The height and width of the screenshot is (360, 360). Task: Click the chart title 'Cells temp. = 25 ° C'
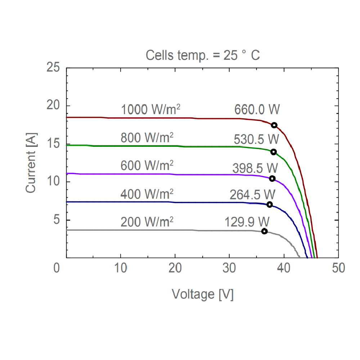[203, 55]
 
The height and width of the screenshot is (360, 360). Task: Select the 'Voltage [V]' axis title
[203, 294]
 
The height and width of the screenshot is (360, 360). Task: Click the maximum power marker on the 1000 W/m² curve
[274, 125]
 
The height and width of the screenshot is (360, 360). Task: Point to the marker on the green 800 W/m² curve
[273, 152]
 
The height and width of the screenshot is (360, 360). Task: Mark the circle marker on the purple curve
[272, 179]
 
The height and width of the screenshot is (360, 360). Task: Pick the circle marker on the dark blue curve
[269, 204]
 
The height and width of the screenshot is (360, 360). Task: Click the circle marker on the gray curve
[264, 231]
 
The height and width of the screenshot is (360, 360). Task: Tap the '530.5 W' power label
[256, 139]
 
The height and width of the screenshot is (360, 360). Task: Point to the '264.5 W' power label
[252, 194]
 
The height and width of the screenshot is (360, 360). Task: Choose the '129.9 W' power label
[247, 221]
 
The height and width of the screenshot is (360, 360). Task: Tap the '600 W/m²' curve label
[147, 166]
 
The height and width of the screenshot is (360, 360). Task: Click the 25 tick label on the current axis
[54, 67]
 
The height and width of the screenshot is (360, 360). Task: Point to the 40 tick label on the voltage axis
[284, 268]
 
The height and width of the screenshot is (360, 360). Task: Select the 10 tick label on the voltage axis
[121, 268]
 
